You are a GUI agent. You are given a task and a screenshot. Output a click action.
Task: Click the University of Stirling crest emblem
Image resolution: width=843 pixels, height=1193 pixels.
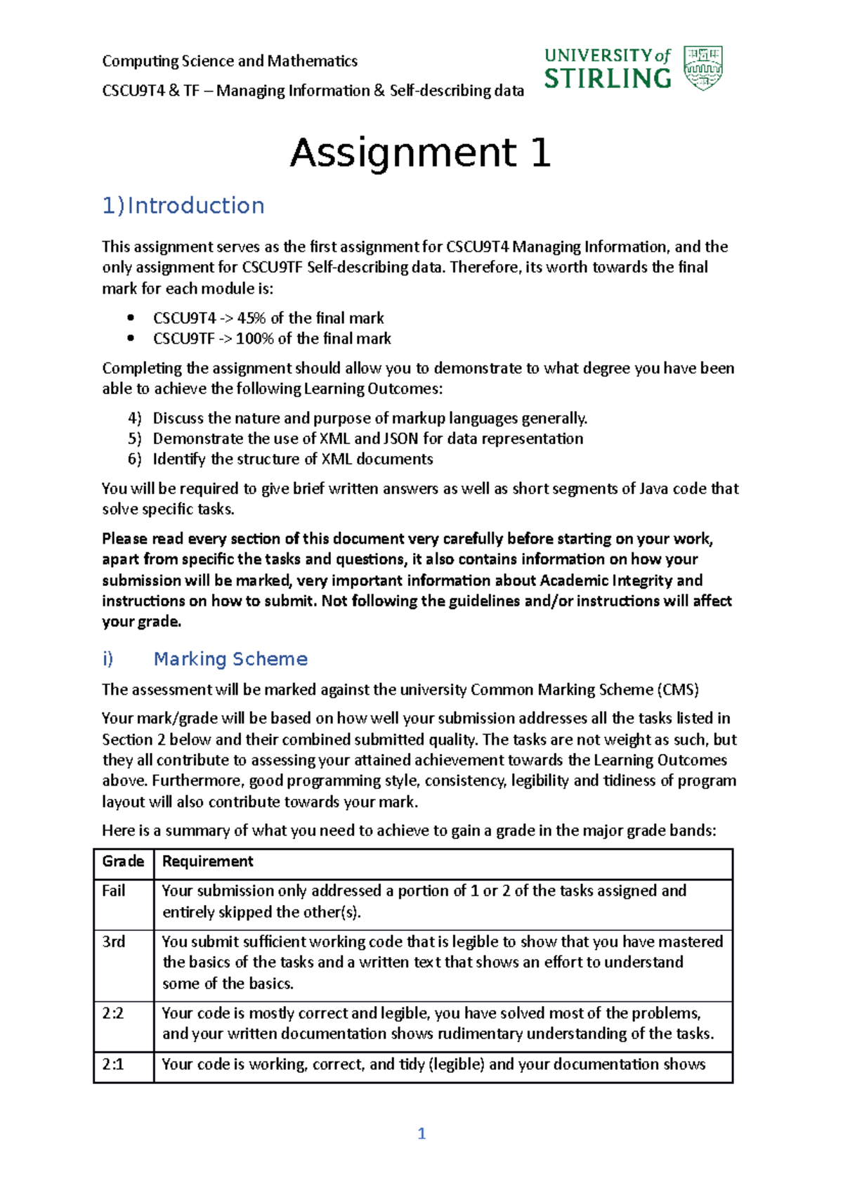[x=703, y=67]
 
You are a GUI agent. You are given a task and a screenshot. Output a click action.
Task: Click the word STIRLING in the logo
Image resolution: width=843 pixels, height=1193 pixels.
[x=608, y=79]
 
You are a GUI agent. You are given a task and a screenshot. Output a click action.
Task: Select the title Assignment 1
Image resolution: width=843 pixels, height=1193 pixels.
[x=420, y=152]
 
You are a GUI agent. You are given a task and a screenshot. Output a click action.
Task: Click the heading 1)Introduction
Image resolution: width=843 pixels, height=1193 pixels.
[x=183, y=205]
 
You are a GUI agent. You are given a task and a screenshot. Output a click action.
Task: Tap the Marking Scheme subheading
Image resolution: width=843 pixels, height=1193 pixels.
[x=230, y=658]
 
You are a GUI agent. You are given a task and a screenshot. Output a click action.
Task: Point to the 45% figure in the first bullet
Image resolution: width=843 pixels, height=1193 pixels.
[x=251, y=318]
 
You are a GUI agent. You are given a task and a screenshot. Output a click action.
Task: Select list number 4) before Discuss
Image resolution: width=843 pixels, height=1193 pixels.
[x=135, y=418]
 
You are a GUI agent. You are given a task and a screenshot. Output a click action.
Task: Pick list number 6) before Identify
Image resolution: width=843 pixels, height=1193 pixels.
[x=135, y=459]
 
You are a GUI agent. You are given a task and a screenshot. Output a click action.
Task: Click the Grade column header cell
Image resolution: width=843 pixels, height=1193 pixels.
[x=123, y=861]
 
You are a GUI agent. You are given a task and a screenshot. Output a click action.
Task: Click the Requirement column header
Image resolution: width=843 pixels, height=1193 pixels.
[x=208, y=861]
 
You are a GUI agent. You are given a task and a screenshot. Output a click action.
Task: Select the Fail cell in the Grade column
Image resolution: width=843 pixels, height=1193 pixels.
[x=114, y=891]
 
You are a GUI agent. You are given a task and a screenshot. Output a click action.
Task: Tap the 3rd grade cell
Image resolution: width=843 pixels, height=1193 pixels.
[x=114, y=941]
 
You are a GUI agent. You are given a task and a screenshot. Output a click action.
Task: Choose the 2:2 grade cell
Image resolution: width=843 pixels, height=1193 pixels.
[x=113, y=1013]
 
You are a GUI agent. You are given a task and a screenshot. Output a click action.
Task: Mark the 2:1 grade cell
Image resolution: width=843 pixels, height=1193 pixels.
[x=113, y=1064]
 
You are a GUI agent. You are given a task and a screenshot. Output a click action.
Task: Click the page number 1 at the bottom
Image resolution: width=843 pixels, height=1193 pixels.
[x=421, y=1133]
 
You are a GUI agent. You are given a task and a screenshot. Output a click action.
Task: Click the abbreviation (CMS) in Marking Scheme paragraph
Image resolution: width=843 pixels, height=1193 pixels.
[x=678, y=690]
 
